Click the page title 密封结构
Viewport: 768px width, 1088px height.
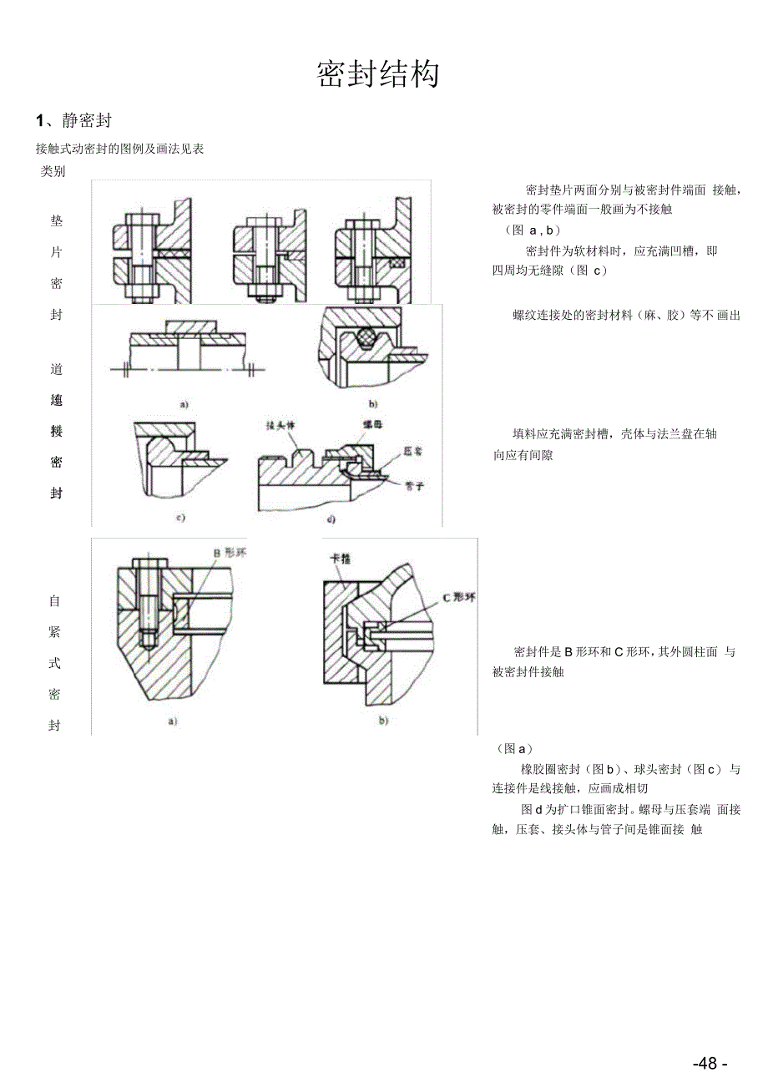(378, 75)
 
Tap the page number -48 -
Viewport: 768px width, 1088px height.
(710, 1063)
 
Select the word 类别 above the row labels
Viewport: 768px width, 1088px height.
(53, 172)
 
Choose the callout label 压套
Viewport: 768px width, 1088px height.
(412, 451)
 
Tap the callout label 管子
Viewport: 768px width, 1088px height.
(413, 485)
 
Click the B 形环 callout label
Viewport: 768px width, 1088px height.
(226, 553)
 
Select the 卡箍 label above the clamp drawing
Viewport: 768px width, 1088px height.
(341, 559)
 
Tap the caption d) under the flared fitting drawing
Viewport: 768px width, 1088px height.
(331, 520)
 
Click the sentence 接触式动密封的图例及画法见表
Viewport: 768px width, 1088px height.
(120, 149)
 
